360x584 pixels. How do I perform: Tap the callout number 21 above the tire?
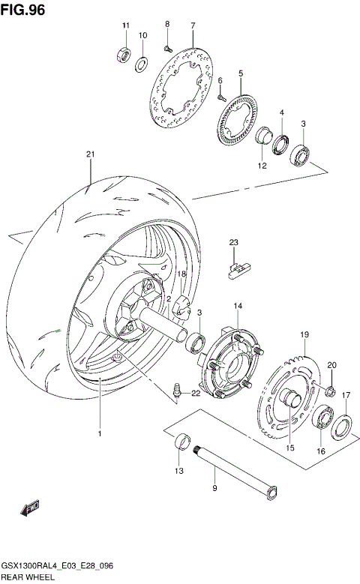90,155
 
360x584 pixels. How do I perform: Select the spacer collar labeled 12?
264,139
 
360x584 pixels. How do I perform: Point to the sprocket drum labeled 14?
228,363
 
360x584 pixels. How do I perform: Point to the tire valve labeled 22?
178,391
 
